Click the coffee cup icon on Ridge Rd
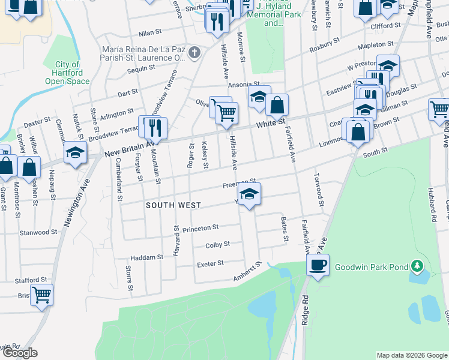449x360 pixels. [318, 264]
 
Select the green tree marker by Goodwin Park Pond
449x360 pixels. [417, 266]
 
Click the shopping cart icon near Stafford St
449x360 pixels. [42, 295]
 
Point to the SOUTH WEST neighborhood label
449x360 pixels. [173, 205]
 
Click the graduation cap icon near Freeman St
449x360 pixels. [250, 194]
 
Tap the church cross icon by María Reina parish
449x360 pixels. [194, 53]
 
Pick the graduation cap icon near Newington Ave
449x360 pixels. [76, 152]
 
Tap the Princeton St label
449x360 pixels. [200, 228]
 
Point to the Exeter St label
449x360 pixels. [210, 263]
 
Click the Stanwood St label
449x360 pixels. [38, 232]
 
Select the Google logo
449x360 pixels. [19, 353]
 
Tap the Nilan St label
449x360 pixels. [151, 31]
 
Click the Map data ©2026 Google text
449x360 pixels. [411, 355]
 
